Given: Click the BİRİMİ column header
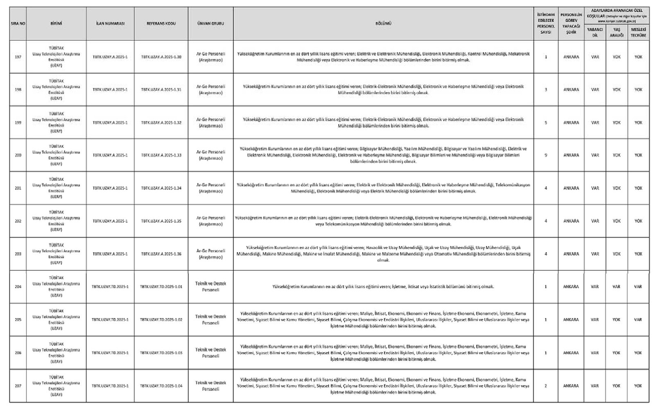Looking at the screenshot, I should coord(56,24).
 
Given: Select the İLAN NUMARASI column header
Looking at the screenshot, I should coord(110,24).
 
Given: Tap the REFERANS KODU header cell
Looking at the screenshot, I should coord(161,24).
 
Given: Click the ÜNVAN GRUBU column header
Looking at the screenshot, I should coord(211,24).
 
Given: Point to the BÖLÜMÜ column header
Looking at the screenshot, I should coord(383,24).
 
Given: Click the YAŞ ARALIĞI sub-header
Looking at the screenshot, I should coord(617,32).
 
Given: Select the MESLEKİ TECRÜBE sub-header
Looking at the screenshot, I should coord(638,32).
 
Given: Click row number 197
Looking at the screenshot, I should coord(18,57).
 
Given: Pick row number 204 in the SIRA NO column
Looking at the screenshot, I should coord(18,287).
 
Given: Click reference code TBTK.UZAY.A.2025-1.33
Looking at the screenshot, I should coord(161,155).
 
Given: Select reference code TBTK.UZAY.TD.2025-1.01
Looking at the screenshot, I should coord(161,287).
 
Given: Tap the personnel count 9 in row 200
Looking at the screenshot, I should coord(546,155).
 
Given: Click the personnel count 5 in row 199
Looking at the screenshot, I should coord(546,123).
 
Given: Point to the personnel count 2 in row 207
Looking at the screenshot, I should coord(546,386).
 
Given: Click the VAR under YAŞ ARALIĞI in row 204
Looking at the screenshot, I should coord(617,287).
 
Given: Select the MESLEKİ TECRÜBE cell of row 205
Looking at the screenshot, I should coord(638,320).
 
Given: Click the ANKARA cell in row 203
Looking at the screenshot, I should coord(571,254).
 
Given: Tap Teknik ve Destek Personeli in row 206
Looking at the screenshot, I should coord(211,353).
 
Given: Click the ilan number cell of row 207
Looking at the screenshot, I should coord(110,386).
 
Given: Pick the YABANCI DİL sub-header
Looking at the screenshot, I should coord(595,32).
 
